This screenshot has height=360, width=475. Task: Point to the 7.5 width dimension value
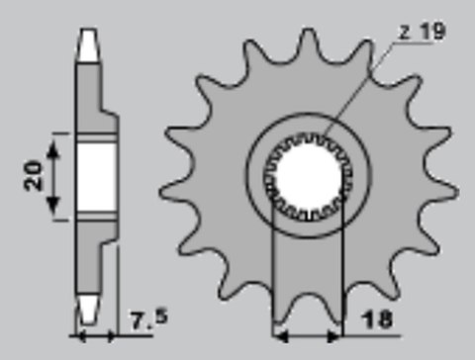pyautogui.click(x=146, y=318)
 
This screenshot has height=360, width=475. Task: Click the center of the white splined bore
pyautogui.click(x=307, y=181)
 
